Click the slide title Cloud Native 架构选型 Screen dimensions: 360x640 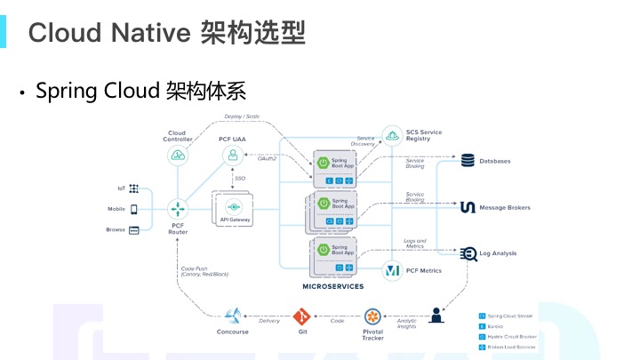167,33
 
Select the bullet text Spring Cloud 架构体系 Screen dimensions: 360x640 140,91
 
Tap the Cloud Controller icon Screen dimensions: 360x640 177,156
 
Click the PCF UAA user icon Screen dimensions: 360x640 233,156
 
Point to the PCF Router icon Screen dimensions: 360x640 177,208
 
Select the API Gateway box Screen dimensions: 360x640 234,210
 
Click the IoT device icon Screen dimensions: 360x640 134,188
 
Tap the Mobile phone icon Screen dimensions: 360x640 134,209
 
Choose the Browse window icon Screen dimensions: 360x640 134,230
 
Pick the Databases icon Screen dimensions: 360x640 468,161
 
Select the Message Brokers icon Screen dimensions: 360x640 468,208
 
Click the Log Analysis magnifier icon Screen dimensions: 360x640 468,254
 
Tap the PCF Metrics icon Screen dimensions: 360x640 392,269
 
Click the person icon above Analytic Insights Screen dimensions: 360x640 436,315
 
